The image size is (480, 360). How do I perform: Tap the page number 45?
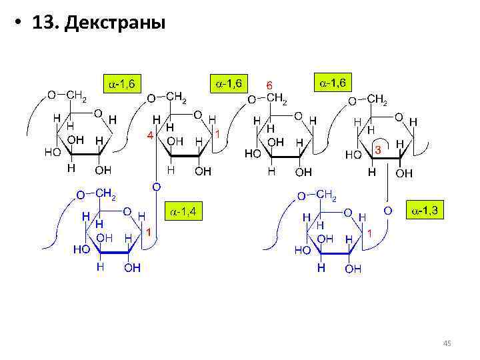tap(447, 343)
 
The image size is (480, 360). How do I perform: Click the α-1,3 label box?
tap(425, 211)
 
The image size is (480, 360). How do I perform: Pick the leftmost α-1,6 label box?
tap(122, 84)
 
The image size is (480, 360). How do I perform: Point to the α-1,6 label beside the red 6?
tap(229, 83)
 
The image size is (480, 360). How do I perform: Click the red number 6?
tap(269, 86)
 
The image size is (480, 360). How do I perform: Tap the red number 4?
tap(149, 135)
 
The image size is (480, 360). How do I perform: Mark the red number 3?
tap(377, 151)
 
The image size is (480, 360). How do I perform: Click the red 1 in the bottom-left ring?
tap(149, 231)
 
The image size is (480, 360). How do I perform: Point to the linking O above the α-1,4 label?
tap(156, 187)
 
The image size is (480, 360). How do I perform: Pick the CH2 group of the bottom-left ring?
tap(106, 194)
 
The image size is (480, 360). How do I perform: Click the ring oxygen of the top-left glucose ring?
tap(98, 113)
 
